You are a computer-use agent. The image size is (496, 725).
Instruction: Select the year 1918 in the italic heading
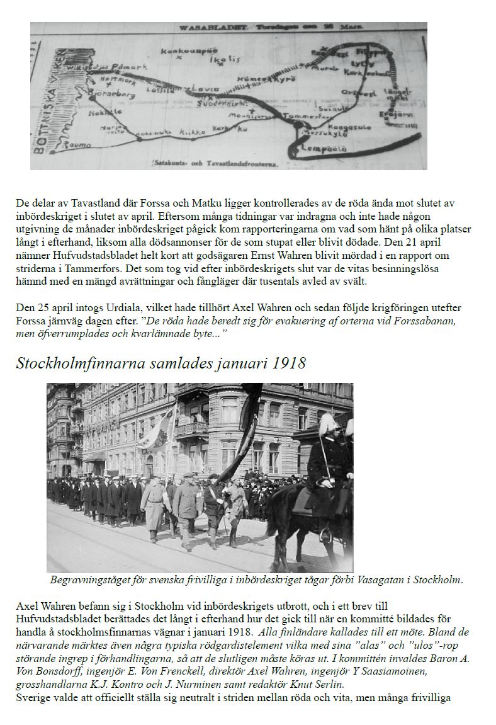[289, 363]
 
